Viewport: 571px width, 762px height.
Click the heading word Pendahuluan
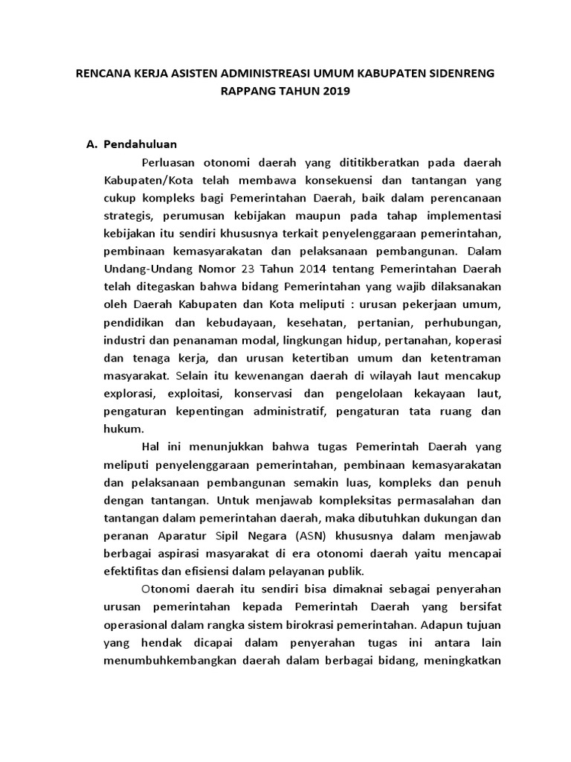coord(141,144)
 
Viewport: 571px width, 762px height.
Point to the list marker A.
coord(93,144)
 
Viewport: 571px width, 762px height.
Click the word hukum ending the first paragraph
coord(122,429)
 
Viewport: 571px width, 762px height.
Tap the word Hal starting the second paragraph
coord(149,447)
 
